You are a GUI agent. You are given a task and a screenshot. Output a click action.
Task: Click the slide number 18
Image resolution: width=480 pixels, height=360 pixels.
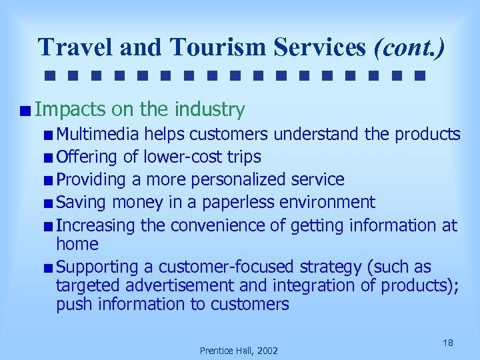point(448,343)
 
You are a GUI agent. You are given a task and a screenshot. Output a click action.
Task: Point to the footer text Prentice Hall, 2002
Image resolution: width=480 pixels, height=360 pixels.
point(239,351)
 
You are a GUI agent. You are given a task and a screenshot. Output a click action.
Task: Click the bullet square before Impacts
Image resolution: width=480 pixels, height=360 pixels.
point(25,110)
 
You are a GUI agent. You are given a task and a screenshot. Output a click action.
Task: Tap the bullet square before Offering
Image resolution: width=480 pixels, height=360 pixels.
point(49,158)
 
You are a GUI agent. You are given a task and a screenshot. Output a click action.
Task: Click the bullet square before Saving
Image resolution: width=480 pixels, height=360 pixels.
point(49,203)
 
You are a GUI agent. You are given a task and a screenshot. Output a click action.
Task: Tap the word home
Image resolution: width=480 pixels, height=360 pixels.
point(77,244)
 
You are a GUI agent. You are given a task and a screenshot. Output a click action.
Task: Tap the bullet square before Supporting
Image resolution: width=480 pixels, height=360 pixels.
point(49,267)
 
